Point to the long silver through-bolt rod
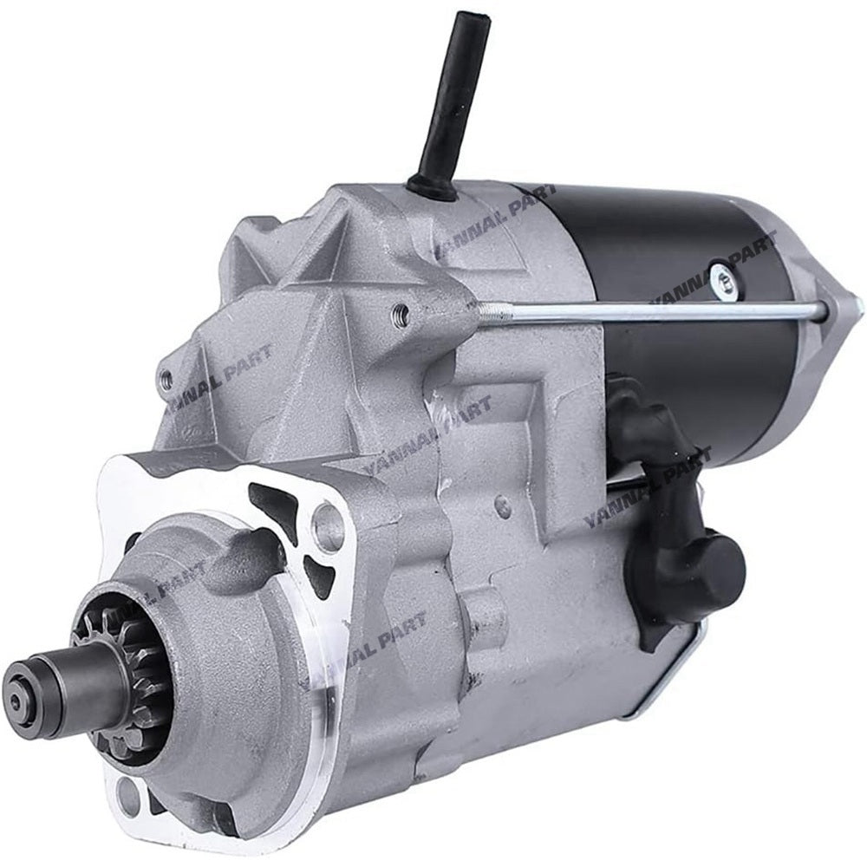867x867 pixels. point(659,310)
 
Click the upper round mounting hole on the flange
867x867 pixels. point(328,524)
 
